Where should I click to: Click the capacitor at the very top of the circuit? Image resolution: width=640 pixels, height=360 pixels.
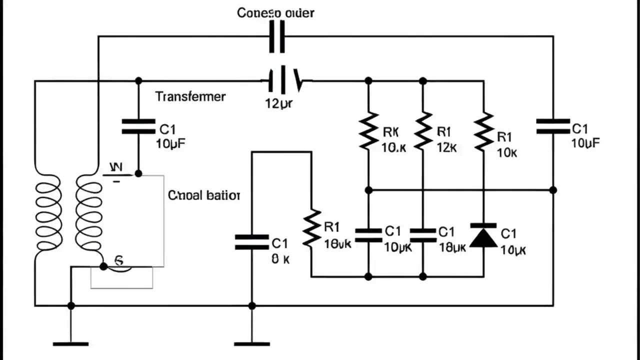click(x=277, y=36)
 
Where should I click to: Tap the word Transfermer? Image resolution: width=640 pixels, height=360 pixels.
click(x=190, y=96)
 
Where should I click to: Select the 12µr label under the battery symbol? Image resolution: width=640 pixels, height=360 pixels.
click(x=278, y=104)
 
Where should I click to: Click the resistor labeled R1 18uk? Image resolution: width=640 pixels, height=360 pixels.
click(x=311, y=227)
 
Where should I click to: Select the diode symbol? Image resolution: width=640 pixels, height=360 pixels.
click(x=483, y=236)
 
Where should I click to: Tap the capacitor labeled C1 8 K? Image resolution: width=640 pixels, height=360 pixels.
click(x=252, y=242)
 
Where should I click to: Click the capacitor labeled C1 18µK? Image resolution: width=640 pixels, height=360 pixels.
click(x=423, y=235)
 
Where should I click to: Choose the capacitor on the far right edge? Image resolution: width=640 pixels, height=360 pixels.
click(x=552, y=126)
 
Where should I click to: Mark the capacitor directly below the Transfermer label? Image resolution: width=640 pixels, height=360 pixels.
click(x=138, y=126)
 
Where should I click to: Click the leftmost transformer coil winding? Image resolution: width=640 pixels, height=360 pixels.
click(x=47, y=215)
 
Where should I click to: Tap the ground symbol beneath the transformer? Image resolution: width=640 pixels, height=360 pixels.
click(x=70, y=343)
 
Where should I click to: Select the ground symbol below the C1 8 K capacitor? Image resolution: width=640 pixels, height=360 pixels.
click(x=252, y=343)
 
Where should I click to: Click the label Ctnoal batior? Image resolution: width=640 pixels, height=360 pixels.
click(x=204, y=195)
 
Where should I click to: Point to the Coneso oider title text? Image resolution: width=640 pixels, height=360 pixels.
click(x=275, y=12)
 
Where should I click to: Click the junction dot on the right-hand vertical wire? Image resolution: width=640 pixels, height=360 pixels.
click(x=552, y=190)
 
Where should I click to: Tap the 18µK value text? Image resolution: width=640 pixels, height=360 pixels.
click(x=452, y=247)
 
